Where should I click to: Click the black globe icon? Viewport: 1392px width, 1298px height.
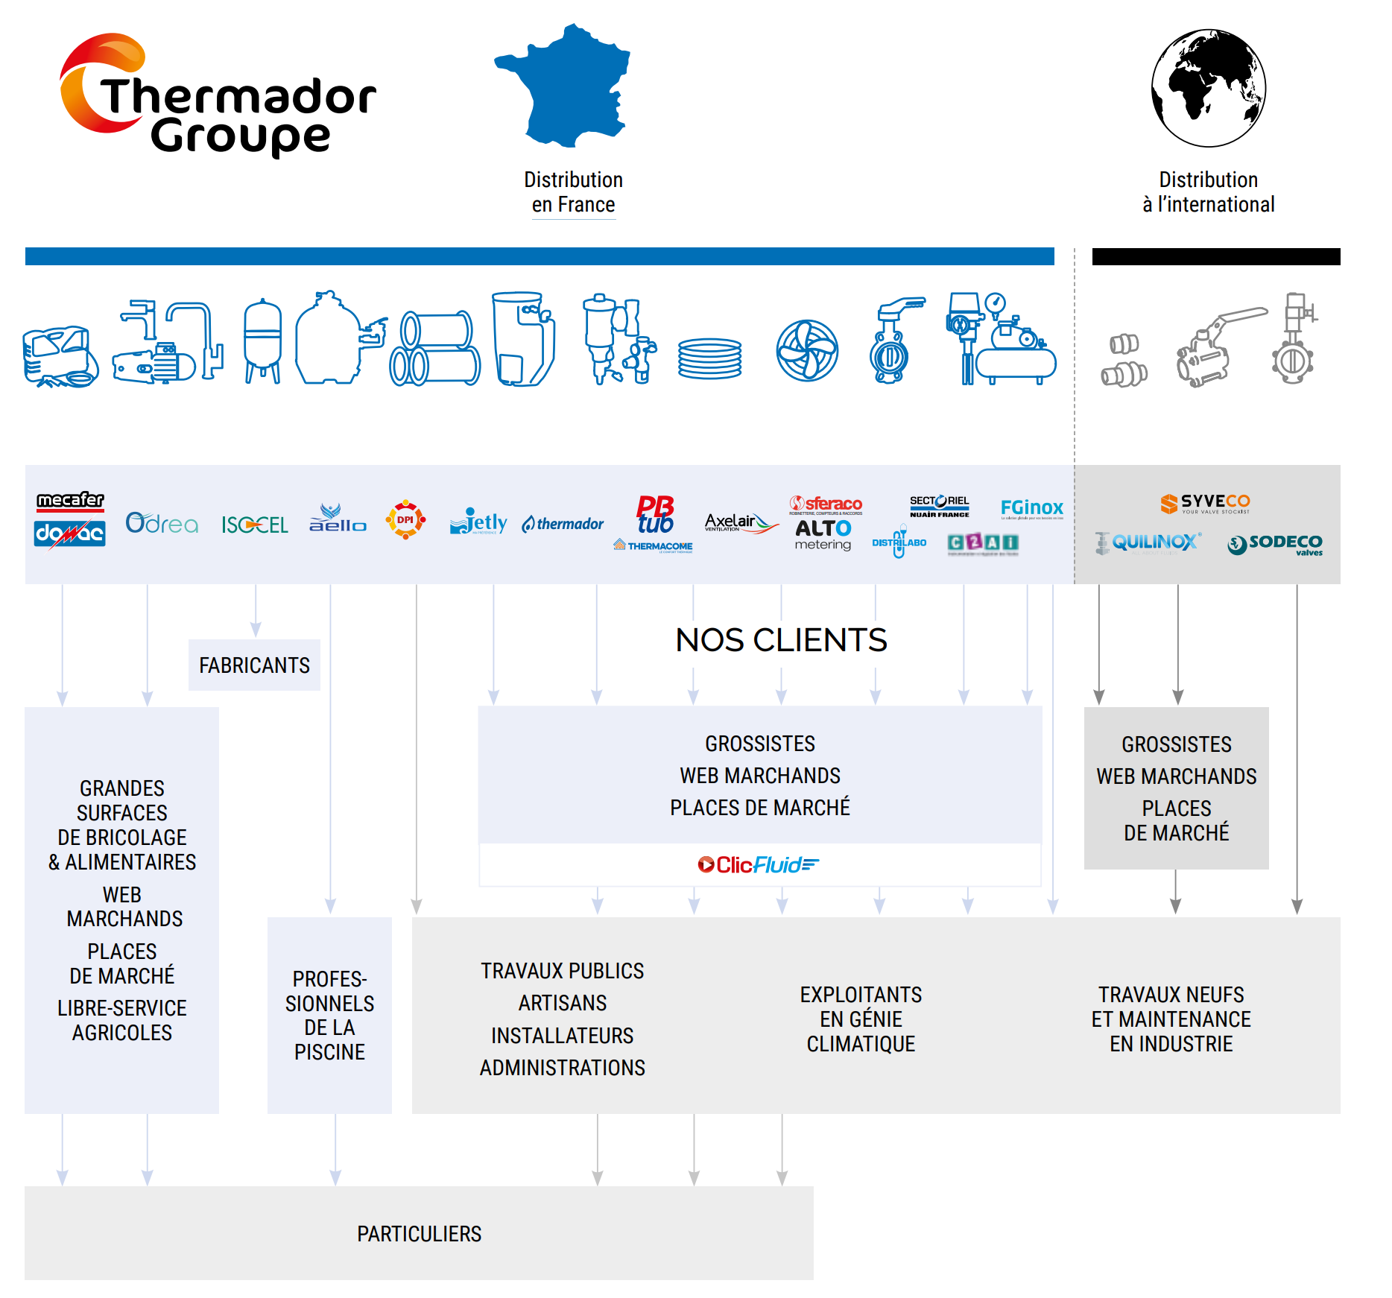pos(1208,88)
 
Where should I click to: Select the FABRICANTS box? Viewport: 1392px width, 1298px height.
pos(254,665)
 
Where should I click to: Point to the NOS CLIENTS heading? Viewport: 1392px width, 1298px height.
pos(781,640)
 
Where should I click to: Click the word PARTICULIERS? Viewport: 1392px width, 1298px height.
pos(419,1234)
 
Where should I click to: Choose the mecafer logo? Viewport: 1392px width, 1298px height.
pos(71,500)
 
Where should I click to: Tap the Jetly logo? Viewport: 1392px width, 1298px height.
pos(478,523)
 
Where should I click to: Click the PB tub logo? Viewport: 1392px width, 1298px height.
pos(655,515)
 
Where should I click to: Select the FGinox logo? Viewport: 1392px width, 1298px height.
pos(1031,508)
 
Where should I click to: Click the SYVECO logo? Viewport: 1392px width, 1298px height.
pos(1205,503)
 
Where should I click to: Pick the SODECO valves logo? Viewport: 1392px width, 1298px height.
pos(1275,545)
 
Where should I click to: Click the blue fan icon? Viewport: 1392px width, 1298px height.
pos(807,350)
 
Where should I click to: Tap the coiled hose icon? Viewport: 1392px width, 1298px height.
pos(709,358)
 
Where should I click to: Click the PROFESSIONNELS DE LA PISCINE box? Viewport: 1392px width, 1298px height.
pos(329,1015)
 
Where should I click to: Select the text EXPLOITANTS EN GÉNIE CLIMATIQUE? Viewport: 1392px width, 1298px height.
pos(861,1019)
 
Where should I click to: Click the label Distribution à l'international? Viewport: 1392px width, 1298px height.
pos(1208,191)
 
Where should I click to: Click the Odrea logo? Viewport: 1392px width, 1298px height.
pos(162,524)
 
